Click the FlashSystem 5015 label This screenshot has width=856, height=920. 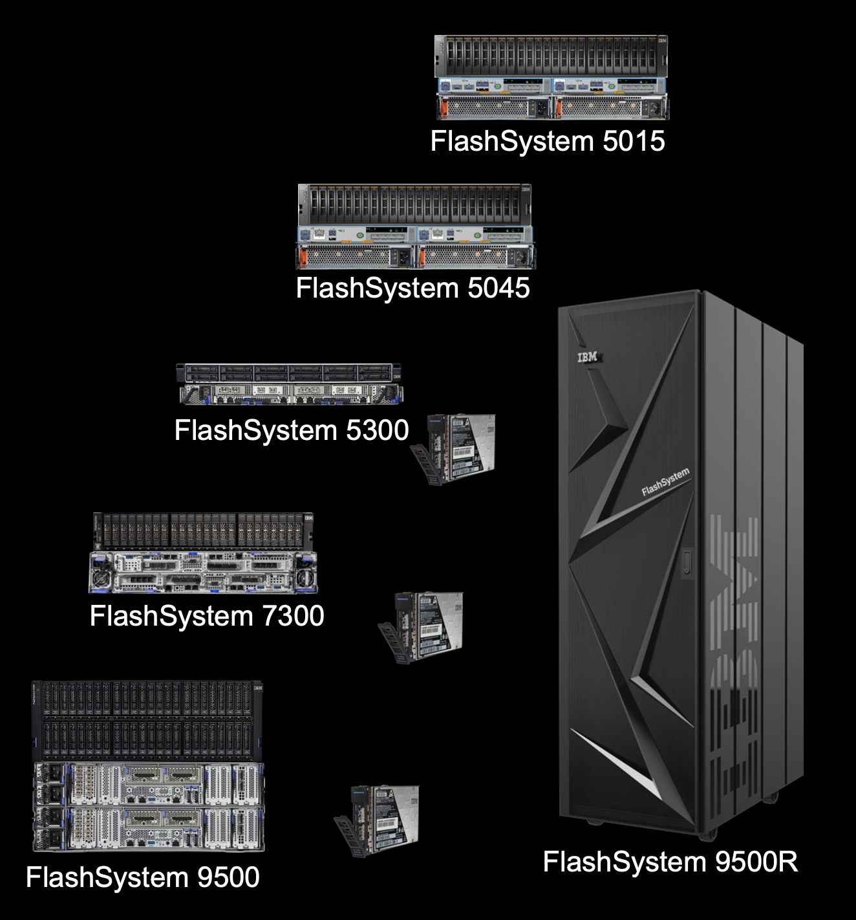[x=547, y=141]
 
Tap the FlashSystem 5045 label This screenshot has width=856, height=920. [x=412, y=288]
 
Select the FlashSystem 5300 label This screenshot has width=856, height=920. [x=291, y=430]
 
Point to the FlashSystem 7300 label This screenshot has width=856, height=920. [x=207, y=616]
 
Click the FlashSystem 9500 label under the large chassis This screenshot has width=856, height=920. [x=142, y=877]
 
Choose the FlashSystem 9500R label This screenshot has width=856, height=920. [x=670, y=862]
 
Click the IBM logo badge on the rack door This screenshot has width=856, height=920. [x=588, y=357]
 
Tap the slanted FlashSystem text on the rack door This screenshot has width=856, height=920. [x=665, y=482]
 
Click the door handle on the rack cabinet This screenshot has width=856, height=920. [x=686, y=561]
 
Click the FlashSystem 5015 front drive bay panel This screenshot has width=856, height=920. [x=551, y=56]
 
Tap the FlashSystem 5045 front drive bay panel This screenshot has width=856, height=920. [x=414, y=204]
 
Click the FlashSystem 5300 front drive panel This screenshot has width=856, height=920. [x=288, y=373]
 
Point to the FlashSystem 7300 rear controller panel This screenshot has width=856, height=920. [x=203, y=572]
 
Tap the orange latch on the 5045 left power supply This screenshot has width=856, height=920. [x=300, y=257]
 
